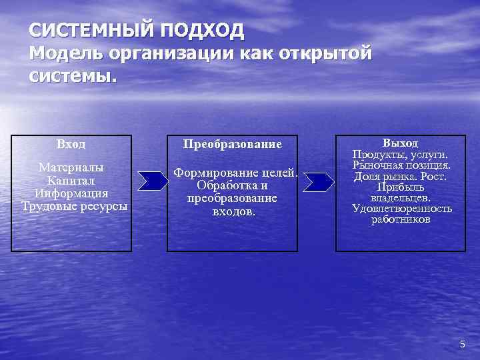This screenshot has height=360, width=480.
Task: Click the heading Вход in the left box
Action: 71,144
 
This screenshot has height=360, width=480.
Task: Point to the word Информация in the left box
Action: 71,193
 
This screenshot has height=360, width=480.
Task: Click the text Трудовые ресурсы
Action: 74,206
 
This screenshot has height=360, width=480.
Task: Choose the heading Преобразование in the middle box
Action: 232,144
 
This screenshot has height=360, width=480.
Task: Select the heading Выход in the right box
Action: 401,143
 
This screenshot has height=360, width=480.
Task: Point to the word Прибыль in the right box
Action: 401,187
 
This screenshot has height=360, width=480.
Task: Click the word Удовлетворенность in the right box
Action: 401,209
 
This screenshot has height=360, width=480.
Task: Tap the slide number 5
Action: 462,344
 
